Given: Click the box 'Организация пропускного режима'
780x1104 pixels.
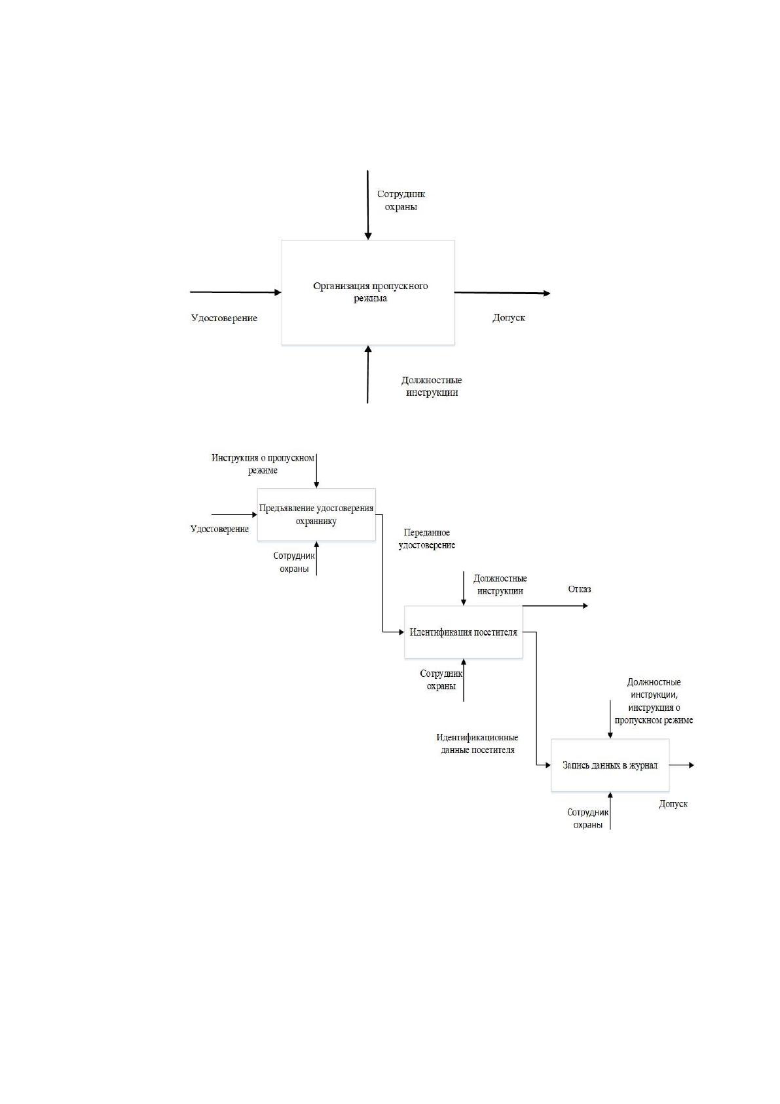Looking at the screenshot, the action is tap(367, 292).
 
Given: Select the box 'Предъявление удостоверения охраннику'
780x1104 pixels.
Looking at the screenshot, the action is tap(316, 514).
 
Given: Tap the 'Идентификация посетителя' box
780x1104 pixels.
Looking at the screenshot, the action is tap(463, 632).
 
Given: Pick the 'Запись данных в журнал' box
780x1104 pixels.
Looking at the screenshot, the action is tap(610, 765).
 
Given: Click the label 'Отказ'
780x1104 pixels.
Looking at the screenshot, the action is tap(580, 589).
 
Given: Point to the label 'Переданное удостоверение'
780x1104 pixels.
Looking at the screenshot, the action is tap(427, 539).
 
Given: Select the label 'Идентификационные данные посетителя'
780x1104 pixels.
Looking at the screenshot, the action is tap(477, 744).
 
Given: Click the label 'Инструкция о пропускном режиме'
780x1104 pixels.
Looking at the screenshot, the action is tap(263, 464).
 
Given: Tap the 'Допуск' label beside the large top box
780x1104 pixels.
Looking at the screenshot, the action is tap(509, 318).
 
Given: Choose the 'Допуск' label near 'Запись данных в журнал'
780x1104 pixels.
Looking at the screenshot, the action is tap(673, 804).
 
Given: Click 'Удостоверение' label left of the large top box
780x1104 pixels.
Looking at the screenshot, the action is tap(224, 318).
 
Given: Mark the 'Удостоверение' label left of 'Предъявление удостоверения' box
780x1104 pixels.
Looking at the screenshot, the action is tap(220, 529).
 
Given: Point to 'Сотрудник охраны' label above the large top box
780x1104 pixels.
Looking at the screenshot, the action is tap(401, 200).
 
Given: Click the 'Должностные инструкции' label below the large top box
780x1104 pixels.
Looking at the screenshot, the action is tap(432, 387).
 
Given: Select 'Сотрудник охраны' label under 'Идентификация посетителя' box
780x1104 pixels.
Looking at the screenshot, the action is tap(441, 679).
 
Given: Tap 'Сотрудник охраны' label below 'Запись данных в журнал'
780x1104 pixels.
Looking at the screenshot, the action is tap(588, 818).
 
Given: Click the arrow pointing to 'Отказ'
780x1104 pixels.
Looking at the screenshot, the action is tap(555, 605).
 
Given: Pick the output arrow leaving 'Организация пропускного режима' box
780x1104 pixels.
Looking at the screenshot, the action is tap(502, 293).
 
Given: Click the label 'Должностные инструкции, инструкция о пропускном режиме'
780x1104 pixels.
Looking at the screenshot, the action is tap(654, 701).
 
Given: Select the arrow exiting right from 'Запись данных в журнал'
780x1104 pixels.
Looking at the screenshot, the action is tap(682, 765).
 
